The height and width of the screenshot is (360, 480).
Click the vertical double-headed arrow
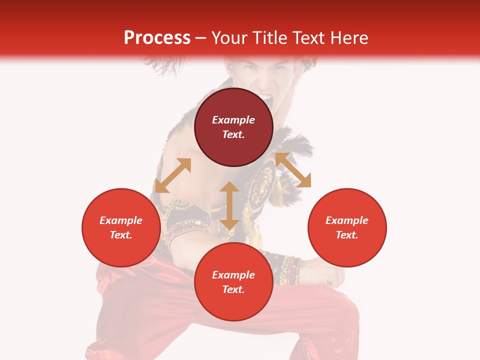click(x=229, y=205)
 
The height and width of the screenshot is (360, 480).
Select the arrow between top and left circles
click(x=173, y=175)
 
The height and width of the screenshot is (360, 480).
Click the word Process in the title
click(x=157, y=37)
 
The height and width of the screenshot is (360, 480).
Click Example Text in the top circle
click(x=233, y=127)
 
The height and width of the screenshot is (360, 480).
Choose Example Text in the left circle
click(x=121, y=227)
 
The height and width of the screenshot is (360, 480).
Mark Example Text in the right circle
click(x=347, y=227)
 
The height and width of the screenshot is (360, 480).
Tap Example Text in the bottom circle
click(x=233, y=282)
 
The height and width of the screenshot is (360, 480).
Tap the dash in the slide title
click(x=201, y=38)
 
